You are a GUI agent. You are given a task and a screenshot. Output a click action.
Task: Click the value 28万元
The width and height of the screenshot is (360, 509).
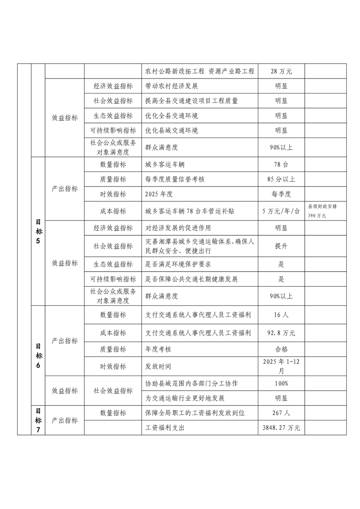coord(281,71)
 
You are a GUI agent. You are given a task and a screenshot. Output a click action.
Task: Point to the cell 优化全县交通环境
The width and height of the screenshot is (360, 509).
coord(171,116)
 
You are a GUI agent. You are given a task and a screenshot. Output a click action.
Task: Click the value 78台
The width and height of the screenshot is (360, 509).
coord(281,164)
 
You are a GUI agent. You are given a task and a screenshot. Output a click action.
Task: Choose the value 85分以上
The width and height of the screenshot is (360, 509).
coord(281,179)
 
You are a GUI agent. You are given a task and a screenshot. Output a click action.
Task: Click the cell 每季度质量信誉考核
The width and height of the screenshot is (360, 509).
coord(175,179)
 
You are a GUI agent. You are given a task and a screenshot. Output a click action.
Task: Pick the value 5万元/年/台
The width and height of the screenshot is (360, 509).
coord(281,211)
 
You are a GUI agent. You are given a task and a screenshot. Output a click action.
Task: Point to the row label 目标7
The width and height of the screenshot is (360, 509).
coord(38,420)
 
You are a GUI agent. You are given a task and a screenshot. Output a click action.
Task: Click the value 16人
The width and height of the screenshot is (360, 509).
coord(281,314)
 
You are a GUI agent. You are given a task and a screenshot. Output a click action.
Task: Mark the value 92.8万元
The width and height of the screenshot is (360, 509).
coord(281,333)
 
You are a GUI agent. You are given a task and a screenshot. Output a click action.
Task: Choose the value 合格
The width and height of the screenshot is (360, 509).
coord(281,349)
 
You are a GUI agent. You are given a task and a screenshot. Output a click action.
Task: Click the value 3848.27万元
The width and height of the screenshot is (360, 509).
coord(281,428)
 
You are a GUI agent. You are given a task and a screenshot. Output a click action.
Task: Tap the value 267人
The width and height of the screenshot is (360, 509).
coord(281,413)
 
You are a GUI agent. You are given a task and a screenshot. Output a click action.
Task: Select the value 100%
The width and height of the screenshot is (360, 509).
coord(281,383)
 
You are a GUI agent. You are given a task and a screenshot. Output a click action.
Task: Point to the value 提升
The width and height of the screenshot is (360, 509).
coord(281,246)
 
